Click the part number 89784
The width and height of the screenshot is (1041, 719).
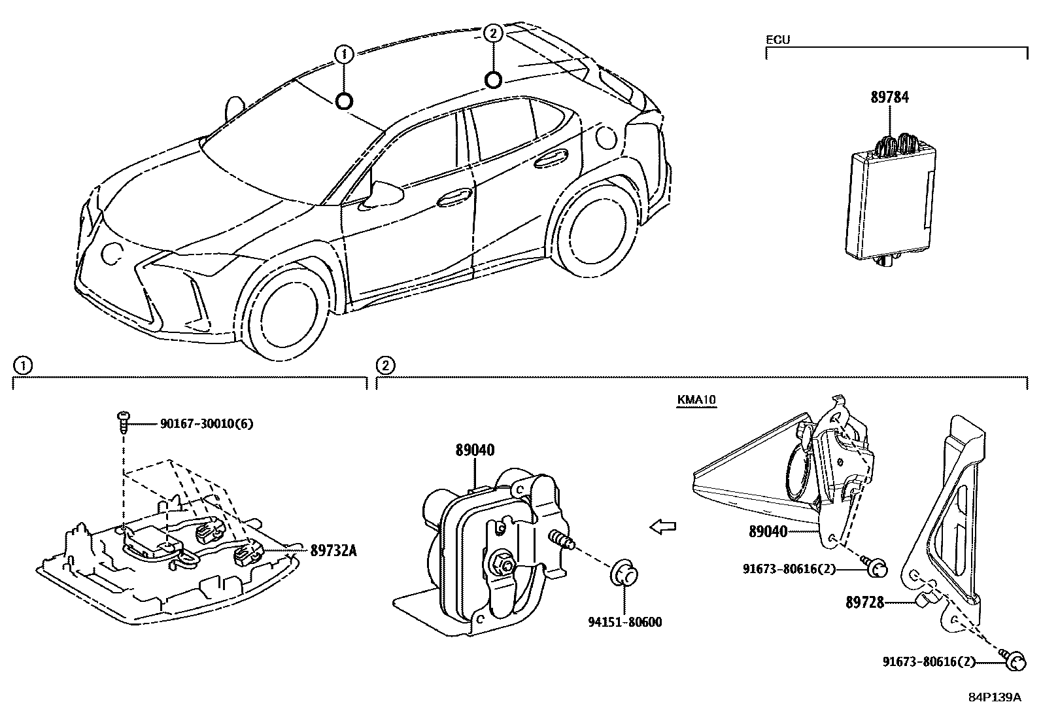pos(889,97)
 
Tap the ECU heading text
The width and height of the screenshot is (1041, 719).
pos(777,40)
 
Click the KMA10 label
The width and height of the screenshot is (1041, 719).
pos(697,400)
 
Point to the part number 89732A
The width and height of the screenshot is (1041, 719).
pos(333,551)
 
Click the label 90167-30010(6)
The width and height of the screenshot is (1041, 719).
pos(206,424)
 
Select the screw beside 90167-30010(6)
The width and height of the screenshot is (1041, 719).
pos(123,422)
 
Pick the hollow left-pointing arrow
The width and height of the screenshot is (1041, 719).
pos(663,526)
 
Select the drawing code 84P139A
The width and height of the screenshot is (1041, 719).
pos(994,697)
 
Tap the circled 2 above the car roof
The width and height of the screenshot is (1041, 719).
pos(494,33)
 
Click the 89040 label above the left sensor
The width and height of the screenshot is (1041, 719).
pos(475,450)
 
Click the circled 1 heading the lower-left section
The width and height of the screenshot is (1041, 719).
pos(22,366)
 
